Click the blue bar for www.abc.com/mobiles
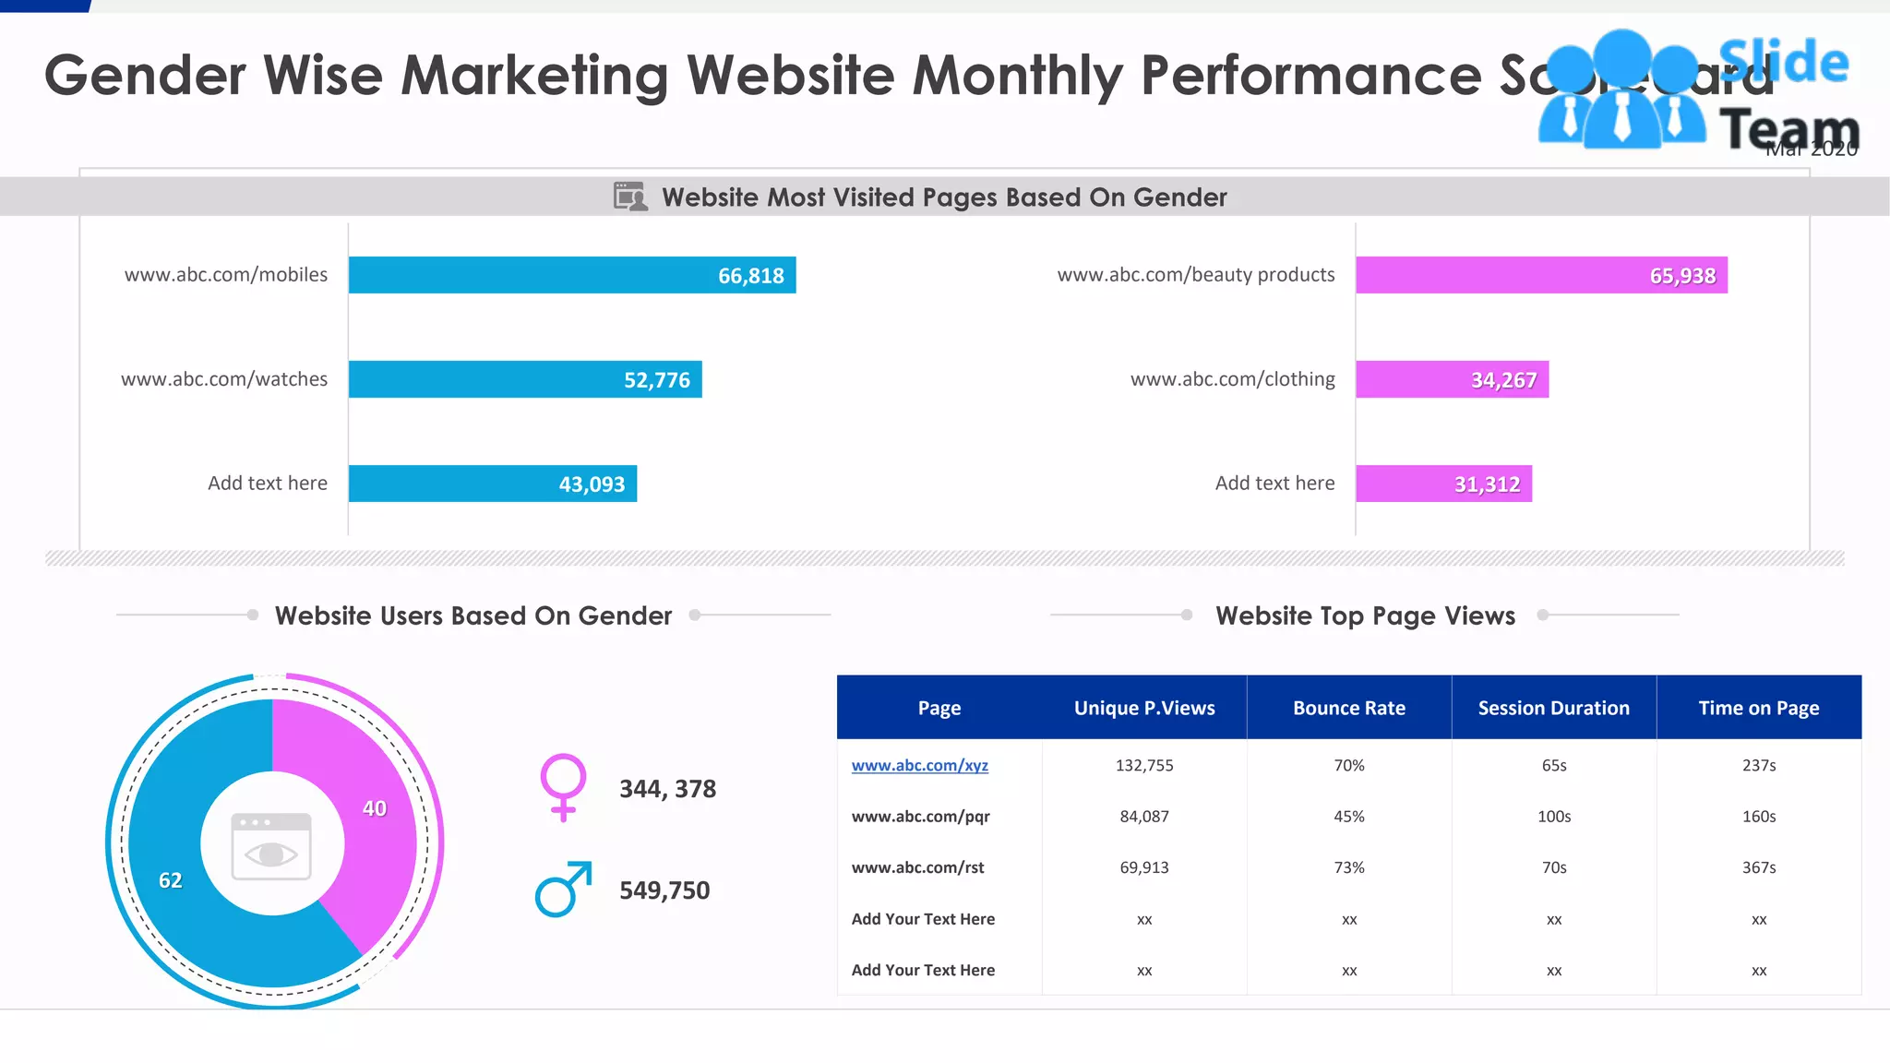572,275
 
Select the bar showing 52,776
525,379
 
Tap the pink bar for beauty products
1541,275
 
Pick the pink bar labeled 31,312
1443,484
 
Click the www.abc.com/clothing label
1232,379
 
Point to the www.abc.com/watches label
224,379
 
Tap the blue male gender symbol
563,890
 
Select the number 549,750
664,890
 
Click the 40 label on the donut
375,809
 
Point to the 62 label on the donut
171,880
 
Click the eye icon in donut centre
271,847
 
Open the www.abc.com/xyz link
919,766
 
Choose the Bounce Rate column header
1348,708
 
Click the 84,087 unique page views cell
1144,817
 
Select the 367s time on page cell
1759,867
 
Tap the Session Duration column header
1553,708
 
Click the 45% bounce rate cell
1348,817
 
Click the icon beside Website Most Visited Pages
630,197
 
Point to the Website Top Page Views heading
1365,615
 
